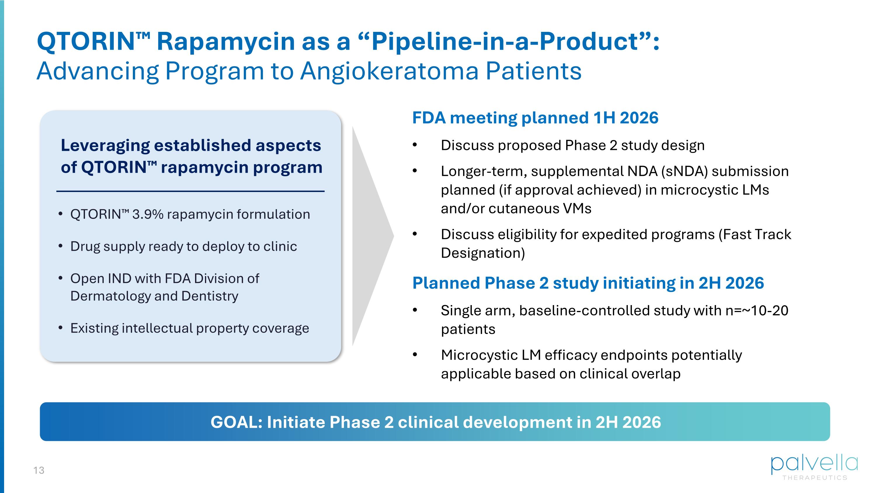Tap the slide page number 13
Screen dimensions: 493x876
coord(39,470)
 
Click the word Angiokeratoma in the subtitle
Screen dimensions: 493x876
coord(389,71)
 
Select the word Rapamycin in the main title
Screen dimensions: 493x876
coord(225,41)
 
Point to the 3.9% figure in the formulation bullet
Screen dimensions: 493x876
coord(147,214)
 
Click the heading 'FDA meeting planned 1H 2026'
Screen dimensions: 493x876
coord(535,118)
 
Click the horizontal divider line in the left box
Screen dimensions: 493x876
coord(190,191)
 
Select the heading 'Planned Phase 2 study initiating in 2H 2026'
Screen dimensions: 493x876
coord(588,283)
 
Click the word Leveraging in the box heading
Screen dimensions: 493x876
coord(105,146)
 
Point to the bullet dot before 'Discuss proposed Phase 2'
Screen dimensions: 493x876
coord(415,145)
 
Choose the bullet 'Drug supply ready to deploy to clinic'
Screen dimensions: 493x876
coord(183,246)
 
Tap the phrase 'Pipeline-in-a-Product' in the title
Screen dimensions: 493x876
coord(505,41)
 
